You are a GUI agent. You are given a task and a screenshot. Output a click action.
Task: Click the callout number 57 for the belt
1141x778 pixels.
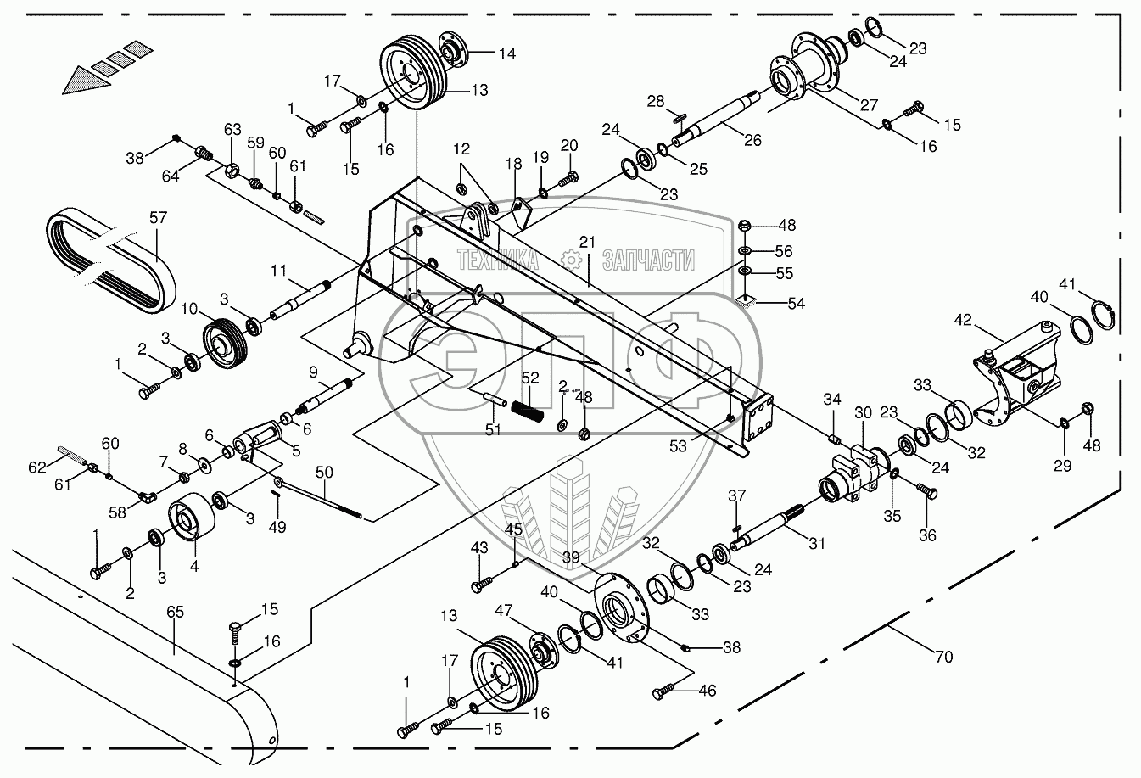159,218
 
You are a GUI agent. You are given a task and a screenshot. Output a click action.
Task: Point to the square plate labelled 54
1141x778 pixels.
745,299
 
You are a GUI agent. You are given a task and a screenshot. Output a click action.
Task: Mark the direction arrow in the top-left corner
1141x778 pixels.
99,69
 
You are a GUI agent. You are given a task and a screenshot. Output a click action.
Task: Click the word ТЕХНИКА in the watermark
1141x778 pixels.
498,260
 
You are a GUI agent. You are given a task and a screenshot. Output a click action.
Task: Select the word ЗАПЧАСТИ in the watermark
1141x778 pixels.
649,260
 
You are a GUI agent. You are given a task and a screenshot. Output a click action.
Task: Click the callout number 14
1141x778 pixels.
506,53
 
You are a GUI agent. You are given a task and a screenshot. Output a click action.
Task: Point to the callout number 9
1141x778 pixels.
313,371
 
